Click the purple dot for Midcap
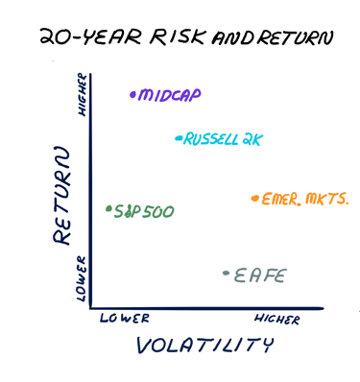[x=132, y=94]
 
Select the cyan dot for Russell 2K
[x=178, y=138]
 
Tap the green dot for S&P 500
[x=108, y=207]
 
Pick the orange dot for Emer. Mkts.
[x=254, y=199]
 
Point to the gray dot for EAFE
[x=226, y=274]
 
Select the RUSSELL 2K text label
[x=223, y=139]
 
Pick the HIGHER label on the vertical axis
[x=83, y=96]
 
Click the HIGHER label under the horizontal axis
[x=277, y=320]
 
